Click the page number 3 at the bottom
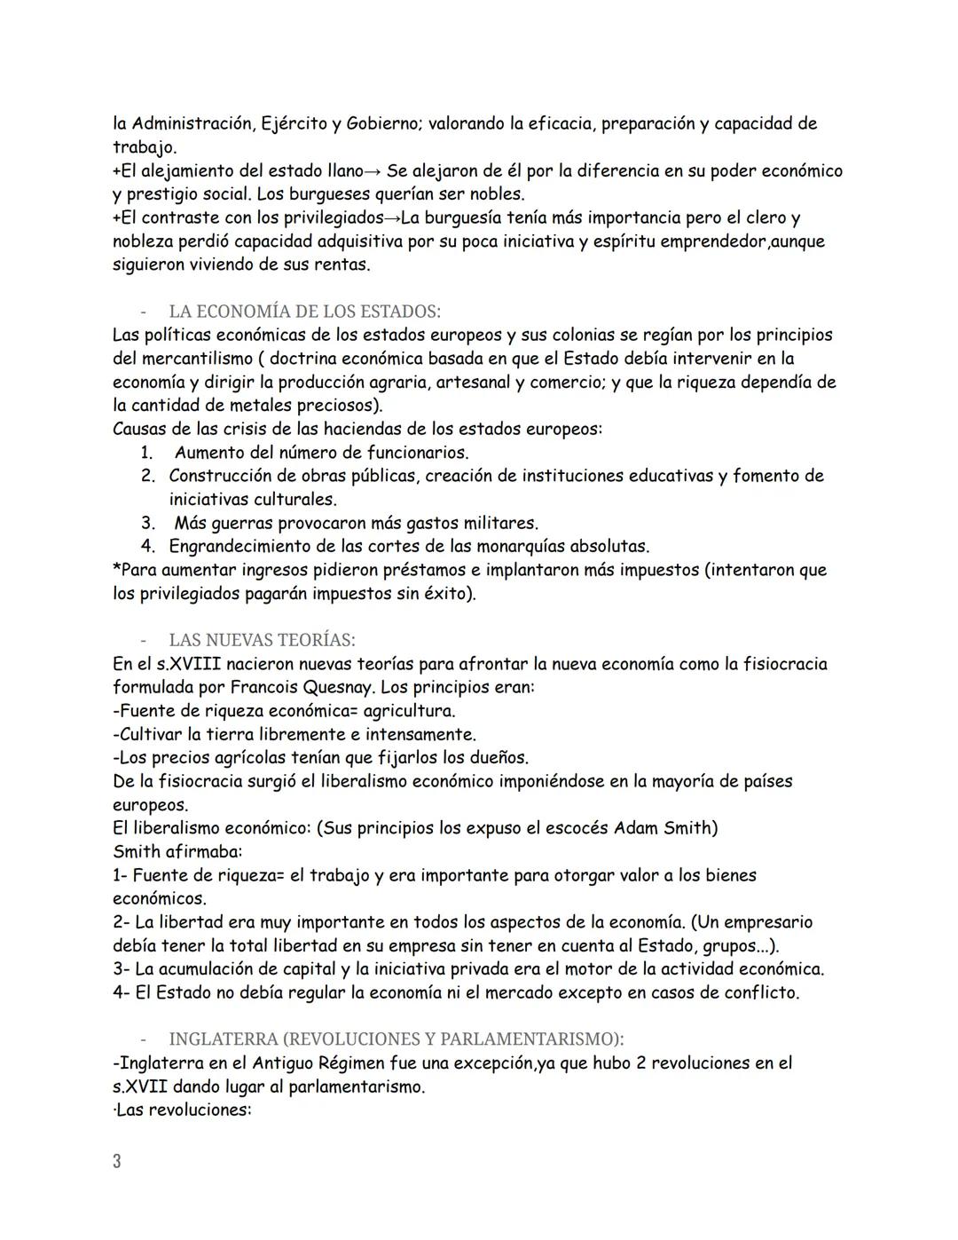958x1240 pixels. (117, 1161)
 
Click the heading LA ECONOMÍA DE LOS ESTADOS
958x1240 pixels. (304, 312)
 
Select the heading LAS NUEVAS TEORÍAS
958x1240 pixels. (262, 640)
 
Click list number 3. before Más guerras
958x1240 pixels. (148, 523)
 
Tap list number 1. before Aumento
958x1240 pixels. (148, 453)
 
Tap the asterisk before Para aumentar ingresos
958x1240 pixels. (117, 569)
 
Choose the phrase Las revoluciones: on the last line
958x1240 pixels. (183, 1110)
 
